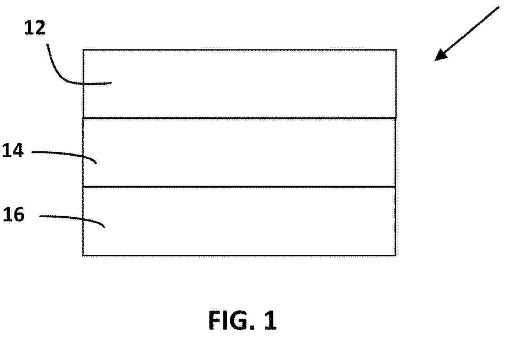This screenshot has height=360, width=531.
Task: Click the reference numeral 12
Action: pyautogui.click(x=35, y=28)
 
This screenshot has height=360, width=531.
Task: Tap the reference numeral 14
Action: pyautogui.click(x=13, y=150)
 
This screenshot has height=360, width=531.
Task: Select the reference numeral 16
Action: pyautogui.click(x=14, y=214)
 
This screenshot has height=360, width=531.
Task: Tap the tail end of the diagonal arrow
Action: pyautogui.click(x=499, y=7)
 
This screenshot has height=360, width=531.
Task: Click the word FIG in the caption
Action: pyautogui.click(x=229, y=320)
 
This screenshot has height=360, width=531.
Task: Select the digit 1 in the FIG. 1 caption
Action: pyautogui.click(x=271, y=320)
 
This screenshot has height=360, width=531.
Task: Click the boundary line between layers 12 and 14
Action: pyautogui.click(x=239, y=118)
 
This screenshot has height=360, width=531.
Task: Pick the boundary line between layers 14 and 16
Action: pyautogui.click(x=239, y=187)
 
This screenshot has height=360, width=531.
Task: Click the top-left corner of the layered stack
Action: pyautogui.click(x=83, y=50)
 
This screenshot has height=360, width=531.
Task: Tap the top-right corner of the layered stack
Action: pyautogui.click(x=396, y=50)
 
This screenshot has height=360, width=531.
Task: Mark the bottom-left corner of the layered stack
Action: pyautogui.click(x=83, y=255)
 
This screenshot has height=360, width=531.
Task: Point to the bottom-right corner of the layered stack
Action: pyautogui.click(x=396, y=255)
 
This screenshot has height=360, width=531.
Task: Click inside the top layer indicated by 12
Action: pyautogui.click(x=239, y=84)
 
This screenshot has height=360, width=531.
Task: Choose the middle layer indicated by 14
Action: pyautogui.click(x=239, y=153)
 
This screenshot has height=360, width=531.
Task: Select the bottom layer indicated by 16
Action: pyautogui.click(x=239, y=221)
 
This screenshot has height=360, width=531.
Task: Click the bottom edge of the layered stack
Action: pyautogui.click(x=239, y=255)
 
